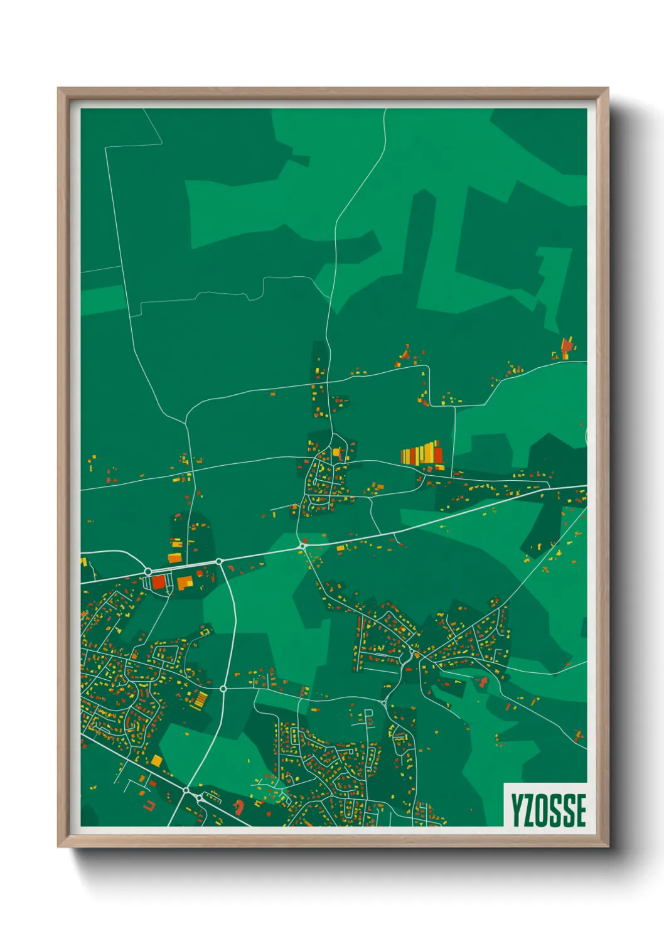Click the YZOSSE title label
coord(548,810)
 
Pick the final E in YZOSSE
coord(581,810)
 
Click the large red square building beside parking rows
coord(158,582)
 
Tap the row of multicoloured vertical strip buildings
coord(422,454)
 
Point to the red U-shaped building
coord(149,804)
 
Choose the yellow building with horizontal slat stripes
coord(200,699)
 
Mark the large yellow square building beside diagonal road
coord(156,761)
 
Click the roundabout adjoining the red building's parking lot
coord(148,571)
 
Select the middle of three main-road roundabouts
coord(219,561)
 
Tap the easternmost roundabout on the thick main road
coord(303,547)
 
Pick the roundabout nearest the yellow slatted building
coord(223,689)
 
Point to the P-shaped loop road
coord(369,714)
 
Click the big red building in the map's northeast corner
coord(567,346)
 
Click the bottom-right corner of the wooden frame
coord(608,846)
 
